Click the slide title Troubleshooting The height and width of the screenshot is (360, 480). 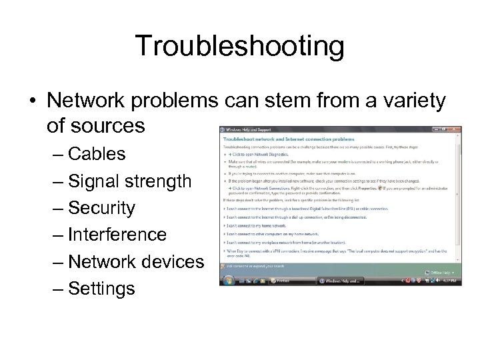pos(240,46)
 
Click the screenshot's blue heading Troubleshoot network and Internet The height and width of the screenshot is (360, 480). pos(280,137)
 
